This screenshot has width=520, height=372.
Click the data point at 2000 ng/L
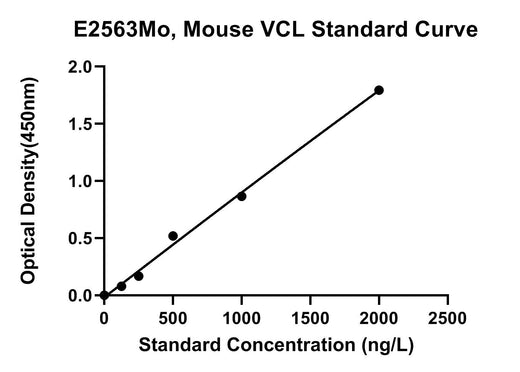click(379, 90)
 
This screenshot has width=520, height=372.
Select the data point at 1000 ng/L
click(242, 197)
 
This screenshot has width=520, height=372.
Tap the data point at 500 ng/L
click(173, 236)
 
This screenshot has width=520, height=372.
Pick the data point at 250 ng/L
click(139, 276)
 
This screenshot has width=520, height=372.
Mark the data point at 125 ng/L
click(122, 286)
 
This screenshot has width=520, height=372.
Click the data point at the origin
click(104, 295)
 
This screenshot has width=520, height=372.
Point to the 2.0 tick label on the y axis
click(80, 67)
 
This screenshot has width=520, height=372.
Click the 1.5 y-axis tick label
click(80, 124)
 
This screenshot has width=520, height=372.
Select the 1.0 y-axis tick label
click(80, 182)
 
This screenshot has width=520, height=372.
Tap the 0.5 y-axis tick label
click(80, 239)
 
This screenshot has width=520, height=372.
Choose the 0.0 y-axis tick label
click(80, 296)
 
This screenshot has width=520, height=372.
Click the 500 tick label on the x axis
click(173, 318)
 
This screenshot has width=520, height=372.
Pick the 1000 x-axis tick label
click(241, 318)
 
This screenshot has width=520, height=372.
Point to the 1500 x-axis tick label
click(310, 318)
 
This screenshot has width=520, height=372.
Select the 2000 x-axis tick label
click(379, 318)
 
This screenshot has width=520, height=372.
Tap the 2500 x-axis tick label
click(447, 318)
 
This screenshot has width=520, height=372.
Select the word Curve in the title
click(446, 29)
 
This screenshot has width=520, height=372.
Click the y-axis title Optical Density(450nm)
click(29, 180)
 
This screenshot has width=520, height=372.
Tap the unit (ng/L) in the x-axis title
click(387, 345)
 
